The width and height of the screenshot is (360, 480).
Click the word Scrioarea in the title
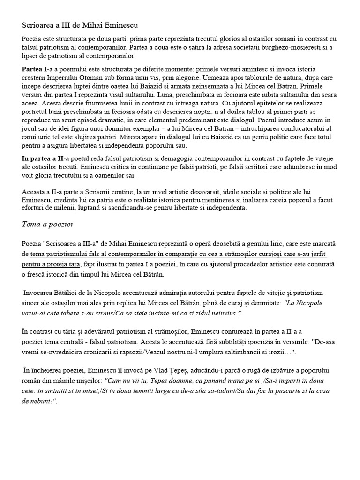coord(38,24)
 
